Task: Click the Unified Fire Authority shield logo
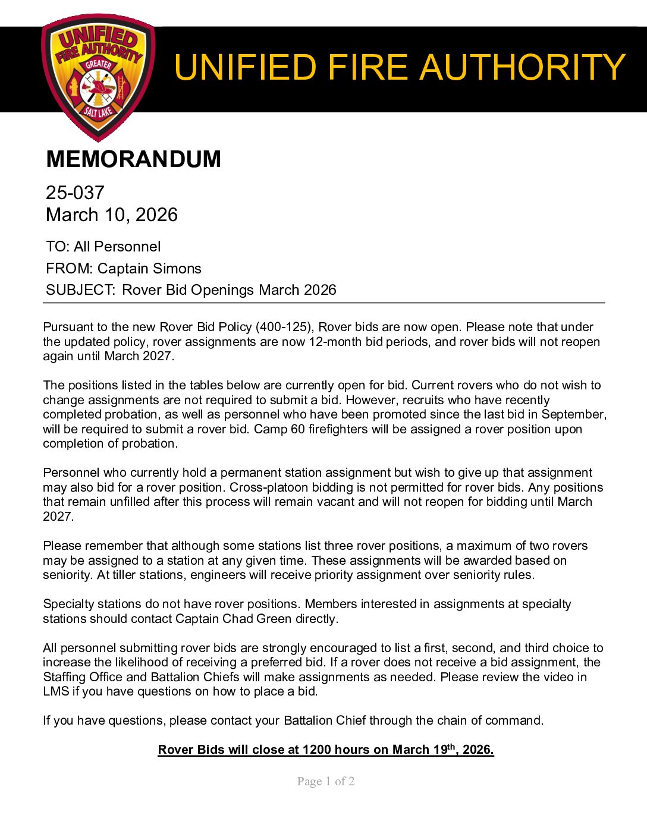tap(98, 77)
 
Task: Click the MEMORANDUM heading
tap(133, 159)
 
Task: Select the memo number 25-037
tap(75, 193)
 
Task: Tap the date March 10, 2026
tap(112, 215)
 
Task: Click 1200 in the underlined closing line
tap(316, 750)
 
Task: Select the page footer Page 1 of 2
tap(326, 782)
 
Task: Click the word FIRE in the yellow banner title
tap(368, 67)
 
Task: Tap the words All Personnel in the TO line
tap(117, 247)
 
